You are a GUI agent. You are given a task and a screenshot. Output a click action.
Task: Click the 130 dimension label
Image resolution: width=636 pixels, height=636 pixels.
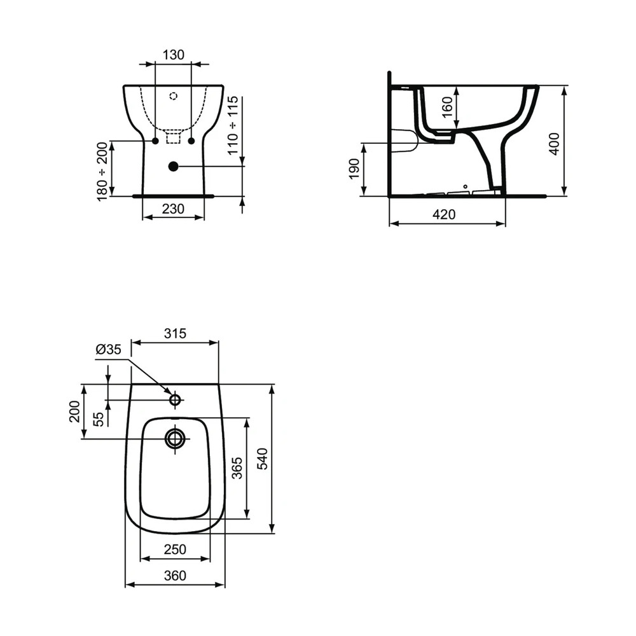(174, 54)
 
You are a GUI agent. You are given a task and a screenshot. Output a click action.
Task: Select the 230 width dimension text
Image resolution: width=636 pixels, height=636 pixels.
(173, 209)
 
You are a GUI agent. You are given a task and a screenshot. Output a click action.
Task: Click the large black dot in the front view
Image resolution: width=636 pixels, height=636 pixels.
(173, 166)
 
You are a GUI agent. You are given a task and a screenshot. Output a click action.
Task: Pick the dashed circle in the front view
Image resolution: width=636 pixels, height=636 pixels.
(174, 96)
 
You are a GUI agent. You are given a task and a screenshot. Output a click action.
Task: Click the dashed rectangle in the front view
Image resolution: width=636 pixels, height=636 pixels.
(173, 137)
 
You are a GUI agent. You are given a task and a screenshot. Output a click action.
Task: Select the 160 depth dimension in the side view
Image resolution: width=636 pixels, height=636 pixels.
(446, 107)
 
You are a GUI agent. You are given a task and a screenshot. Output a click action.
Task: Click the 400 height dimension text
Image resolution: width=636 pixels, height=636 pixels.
(554, 144)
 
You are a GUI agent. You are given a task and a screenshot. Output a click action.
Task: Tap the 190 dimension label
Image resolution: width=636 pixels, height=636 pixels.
(354, 169)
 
